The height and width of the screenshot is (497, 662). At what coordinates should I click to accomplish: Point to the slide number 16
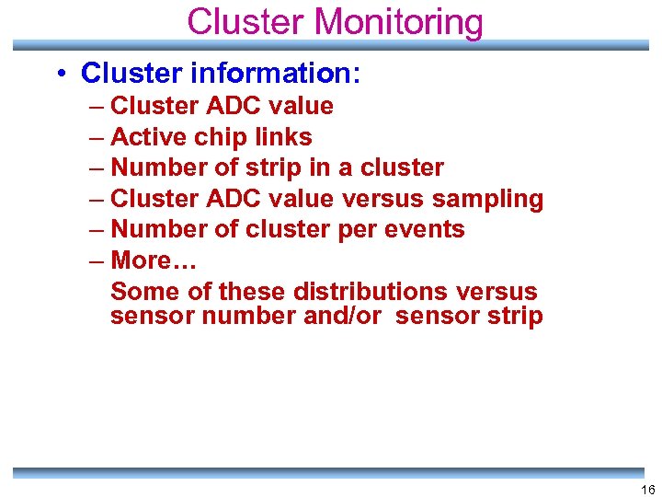(648, 490)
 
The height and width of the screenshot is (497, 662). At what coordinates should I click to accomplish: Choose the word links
(284, 137)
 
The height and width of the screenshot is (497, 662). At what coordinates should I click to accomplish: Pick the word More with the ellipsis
(154, 260)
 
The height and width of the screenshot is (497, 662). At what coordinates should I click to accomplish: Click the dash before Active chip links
(97, 137)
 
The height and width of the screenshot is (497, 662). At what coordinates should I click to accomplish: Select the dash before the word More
(97, 260)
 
